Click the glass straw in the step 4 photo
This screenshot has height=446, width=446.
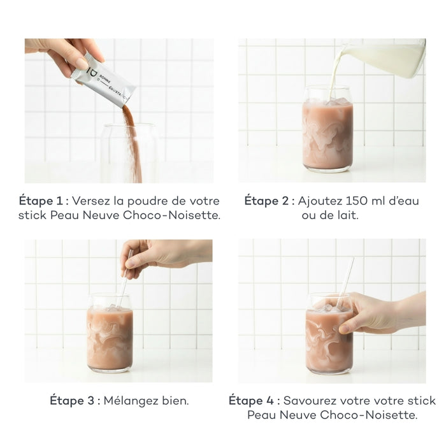click(345, 283)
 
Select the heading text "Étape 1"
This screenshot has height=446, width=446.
click(41, 201)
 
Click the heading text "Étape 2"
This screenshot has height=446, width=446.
click(266, 201)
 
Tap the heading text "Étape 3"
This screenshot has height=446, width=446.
click(72, 401)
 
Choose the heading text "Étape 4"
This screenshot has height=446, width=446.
click(251, 401)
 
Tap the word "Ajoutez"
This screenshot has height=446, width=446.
click(320, 201)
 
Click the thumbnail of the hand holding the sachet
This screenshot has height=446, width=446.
click(119, 111)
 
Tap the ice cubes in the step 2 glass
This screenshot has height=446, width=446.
click(338, 101)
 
